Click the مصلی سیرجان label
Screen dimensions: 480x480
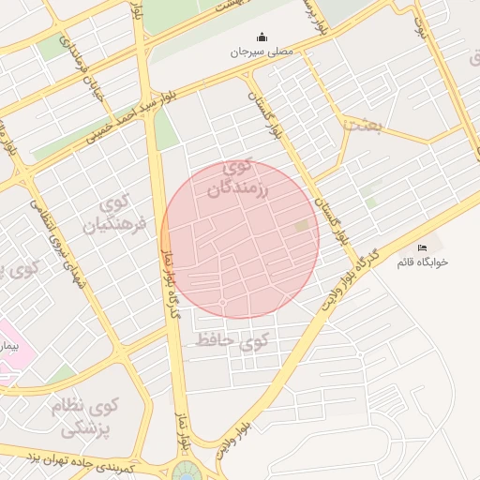click(x=262, y=52)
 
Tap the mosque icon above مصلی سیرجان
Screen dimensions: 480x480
click(x=262, y=37)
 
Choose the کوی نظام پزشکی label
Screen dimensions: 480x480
click(x=87, y=418)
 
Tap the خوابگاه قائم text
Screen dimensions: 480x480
click(x=422, y=262)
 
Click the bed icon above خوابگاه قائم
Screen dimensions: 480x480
click(x=422, y=247)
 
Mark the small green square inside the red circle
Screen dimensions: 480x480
click(x=301, y=226)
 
